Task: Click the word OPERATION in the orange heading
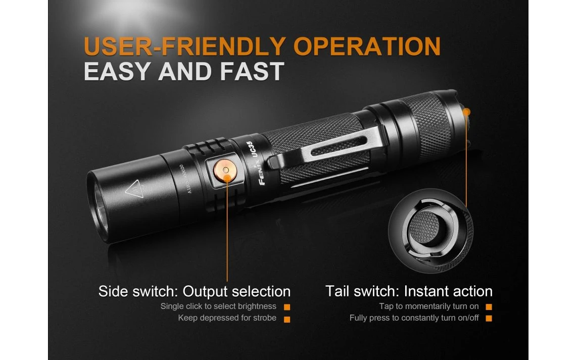[367, 46]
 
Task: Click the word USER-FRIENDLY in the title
[185, 46]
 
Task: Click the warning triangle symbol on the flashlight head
[134, 189]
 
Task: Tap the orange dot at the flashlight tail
[467, 112]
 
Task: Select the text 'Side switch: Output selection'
[195, 291]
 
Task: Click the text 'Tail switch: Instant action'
[409, 291]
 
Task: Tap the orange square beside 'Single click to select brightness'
[287, 307]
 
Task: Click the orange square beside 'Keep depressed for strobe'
[287, 319]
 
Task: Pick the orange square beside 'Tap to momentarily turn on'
[489, 307]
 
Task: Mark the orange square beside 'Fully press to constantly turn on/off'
[489, 318]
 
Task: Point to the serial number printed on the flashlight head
[185, 179]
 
